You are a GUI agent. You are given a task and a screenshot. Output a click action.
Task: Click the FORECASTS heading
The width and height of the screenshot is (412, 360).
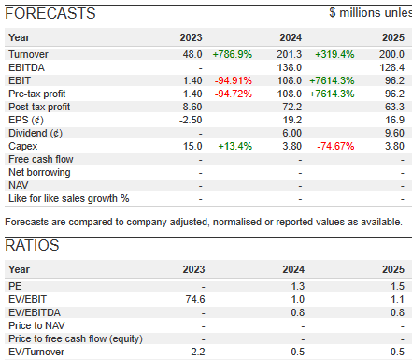[50, 13]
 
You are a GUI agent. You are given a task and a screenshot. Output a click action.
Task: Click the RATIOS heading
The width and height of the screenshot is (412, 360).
[32, 245]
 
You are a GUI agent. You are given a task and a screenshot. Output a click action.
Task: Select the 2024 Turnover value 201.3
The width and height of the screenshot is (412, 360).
[290, 54]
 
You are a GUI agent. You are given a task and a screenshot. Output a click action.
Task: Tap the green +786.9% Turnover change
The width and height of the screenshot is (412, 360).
[233, 54]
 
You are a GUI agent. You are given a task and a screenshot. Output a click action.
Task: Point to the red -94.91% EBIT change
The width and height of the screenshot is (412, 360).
[234, 80]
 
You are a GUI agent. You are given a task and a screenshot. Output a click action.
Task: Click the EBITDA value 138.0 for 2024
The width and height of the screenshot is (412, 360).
[290, 67]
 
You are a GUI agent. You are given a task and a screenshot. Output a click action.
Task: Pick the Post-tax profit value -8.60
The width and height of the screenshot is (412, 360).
[191, 107]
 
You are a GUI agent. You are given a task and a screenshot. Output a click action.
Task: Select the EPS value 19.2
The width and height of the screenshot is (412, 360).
[292, 120]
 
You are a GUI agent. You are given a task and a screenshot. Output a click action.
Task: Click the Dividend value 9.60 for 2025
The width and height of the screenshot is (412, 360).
[394, 133]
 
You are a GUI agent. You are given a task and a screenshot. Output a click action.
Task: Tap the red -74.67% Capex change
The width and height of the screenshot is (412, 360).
[335, 146]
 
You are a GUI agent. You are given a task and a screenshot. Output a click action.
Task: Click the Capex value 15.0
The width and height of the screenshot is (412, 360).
[192, 146]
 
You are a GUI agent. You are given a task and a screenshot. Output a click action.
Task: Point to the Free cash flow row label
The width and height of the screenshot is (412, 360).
[41, 159]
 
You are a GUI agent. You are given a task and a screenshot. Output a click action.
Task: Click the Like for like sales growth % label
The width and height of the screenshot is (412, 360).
[69, 198]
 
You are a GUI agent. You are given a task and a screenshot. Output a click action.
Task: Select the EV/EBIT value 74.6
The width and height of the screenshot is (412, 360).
[195, 299]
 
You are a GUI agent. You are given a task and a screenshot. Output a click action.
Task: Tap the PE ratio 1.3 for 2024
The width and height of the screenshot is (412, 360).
[298, 286]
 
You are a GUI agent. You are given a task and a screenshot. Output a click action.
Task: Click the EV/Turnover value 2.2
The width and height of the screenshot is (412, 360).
[198, 352]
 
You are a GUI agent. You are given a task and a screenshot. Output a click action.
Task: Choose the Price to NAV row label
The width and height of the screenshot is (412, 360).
[36, 325]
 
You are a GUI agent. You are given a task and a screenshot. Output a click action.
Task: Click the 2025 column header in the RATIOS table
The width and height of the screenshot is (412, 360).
[393, 269]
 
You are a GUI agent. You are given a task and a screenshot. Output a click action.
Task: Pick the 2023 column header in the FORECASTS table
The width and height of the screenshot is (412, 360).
[191, 37]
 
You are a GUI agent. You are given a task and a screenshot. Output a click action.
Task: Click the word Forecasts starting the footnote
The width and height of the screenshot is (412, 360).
[27, 222]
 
